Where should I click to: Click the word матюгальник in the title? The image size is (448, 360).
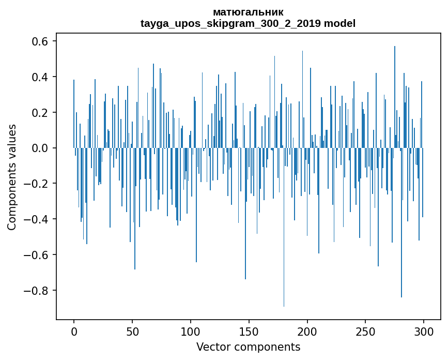(248, 12)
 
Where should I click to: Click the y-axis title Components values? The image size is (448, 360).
(12, 177)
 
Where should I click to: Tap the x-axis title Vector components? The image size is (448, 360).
(248, 347)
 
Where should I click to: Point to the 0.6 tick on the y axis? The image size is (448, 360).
(41, 41)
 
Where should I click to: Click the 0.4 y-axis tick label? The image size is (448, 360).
(41, 77)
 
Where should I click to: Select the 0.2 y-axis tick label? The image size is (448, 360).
(41, 113)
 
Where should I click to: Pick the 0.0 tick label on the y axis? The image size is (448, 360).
(41, 148)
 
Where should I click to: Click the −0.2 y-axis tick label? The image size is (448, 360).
(37, 184)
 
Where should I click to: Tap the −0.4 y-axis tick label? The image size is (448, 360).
(37, 219)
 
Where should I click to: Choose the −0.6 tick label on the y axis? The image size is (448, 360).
(37, 255)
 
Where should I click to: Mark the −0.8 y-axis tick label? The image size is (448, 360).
(37, 290)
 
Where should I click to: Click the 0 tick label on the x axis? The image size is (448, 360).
(74, 331)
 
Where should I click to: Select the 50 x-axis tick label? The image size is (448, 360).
(132, 331)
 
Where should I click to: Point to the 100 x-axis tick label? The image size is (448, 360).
(191, 331)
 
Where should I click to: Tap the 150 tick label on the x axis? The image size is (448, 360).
(249, 331)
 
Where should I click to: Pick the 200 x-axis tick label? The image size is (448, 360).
(307, 331)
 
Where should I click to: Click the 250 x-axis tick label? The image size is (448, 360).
(366, 331)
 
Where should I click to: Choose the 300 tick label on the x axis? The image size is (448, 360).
(424, 331)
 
